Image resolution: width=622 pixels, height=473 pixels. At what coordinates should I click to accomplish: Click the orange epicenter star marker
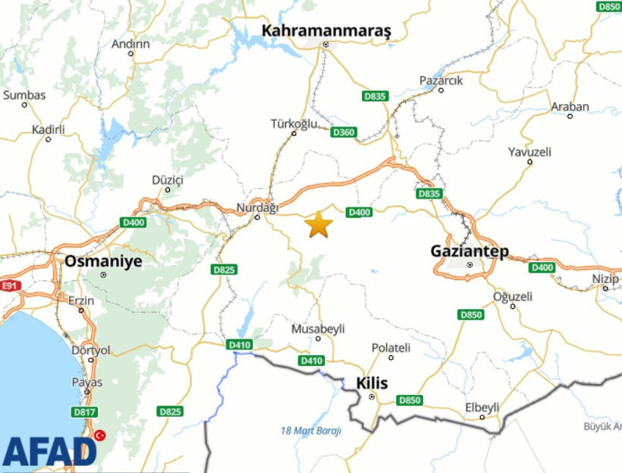click(x=319, y=225)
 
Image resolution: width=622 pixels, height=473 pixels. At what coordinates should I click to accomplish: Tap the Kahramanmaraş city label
click(x=326, y=30)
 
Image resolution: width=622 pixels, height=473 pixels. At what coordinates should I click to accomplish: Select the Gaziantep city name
click(x=470, y=251)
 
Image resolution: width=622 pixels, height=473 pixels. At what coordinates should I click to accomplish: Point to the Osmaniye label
click(x=102, y=260)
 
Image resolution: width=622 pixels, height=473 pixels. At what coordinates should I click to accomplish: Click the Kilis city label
click(x=372, y=383)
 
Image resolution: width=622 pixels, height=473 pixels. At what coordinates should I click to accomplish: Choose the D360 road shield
click(x=344, y=132)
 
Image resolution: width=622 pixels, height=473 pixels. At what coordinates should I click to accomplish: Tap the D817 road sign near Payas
click(x=83, y=412)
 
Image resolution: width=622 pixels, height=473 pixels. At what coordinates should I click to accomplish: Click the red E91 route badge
click(x=9, y=286)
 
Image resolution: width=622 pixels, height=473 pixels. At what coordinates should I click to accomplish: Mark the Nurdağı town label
click(x=258, y=207)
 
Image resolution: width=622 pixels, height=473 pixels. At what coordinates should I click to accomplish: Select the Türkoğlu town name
click(x=294, y=124)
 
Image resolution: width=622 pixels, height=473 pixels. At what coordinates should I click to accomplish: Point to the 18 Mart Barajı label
click(x=311, y=430)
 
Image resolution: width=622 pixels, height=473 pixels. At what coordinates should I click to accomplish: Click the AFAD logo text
click(x=49, y=452)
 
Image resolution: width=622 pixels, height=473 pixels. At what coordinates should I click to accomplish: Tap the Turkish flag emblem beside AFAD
click(x=99, y=436)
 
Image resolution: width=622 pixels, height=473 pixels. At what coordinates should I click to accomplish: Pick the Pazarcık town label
click(x=441, y=80)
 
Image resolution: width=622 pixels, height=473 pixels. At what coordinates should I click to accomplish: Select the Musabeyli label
click(x=318, y=329)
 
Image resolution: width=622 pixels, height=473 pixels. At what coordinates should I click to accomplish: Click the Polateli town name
click(x=391, y=347)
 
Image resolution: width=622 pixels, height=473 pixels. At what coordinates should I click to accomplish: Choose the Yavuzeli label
click(x=529, y=152)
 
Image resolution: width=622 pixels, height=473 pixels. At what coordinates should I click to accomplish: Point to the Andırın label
click(x=130, y=44)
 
